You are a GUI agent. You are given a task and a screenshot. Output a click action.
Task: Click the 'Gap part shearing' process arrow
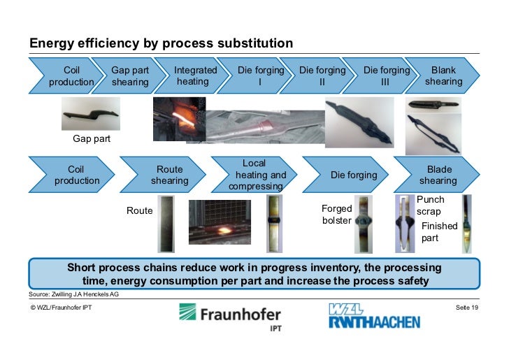coord(130,76)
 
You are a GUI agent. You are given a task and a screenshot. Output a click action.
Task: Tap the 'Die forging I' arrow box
coord(260,76)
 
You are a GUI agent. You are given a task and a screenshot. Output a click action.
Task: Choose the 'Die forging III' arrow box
coord(386,76)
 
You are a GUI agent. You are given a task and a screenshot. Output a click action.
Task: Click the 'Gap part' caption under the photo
coord(92,139)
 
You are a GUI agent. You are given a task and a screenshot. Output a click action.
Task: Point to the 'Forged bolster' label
coord(336,215)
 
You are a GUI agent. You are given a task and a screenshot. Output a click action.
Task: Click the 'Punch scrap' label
coord(430,206)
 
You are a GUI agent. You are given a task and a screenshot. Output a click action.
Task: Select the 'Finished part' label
coord(439,232)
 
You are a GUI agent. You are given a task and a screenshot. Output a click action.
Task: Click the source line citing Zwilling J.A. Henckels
coord(73,295)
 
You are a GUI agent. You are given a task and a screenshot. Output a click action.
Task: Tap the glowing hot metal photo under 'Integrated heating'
coord(179,119)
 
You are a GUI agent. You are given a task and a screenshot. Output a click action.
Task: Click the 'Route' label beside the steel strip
coord(139,210)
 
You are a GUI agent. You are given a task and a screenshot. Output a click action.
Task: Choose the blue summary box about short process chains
coord(254,274)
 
